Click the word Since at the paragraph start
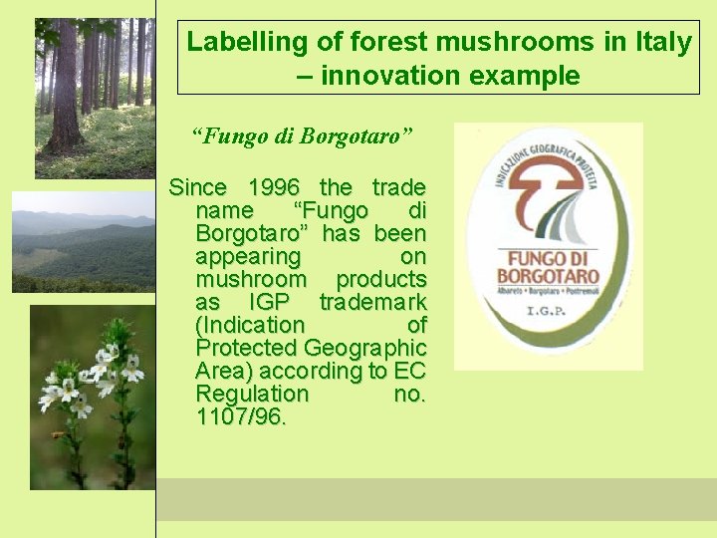[198, 187]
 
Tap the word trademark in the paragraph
[372, 302]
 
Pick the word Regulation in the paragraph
[252, 394]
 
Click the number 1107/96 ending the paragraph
[241, 416]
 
